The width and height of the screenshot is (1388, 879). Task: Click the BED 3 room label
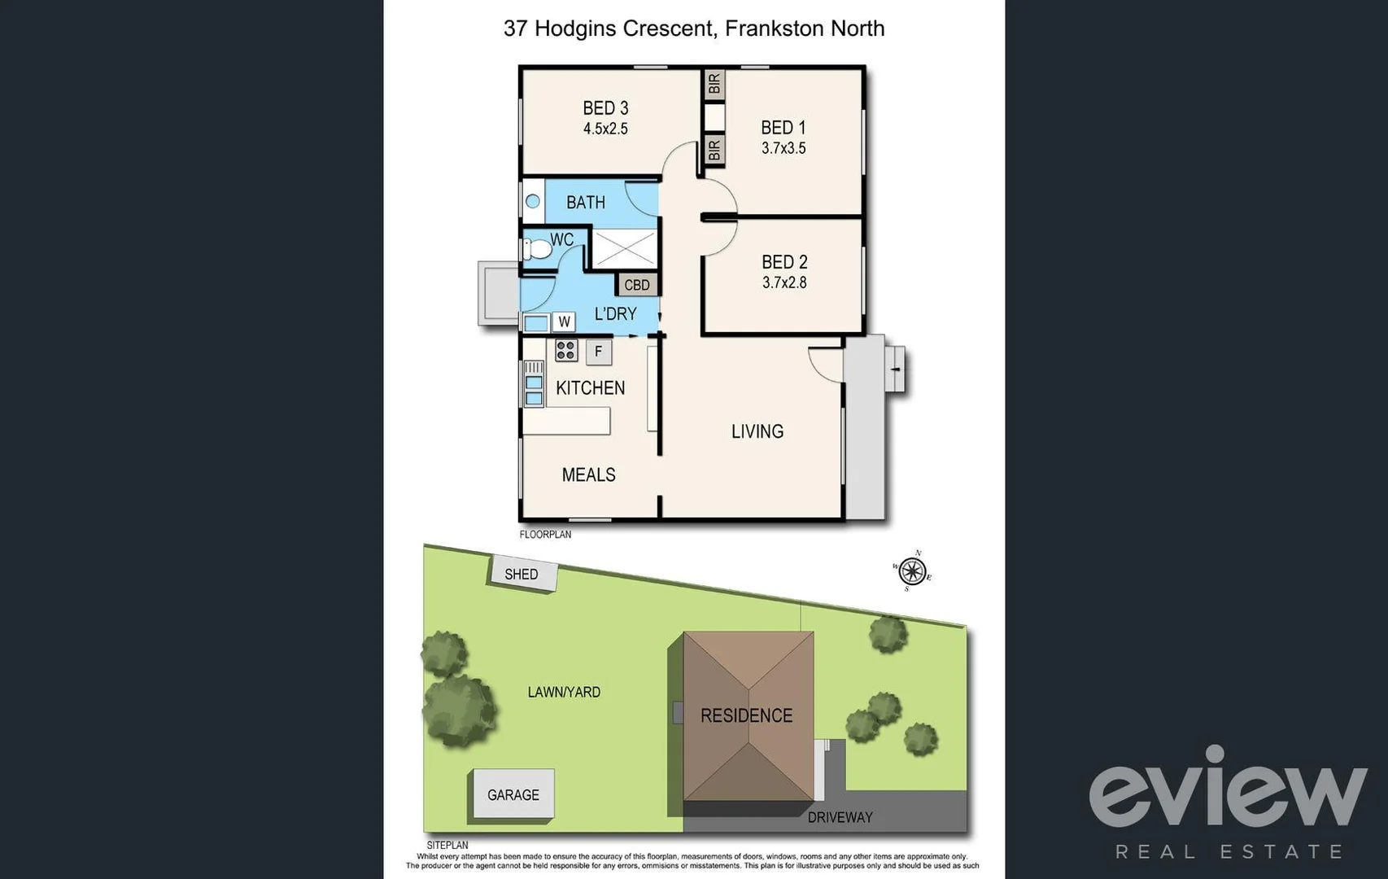[x=605, y=108]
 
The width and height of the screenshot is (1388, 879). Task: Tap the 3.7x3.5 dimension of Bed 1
[x=783, y=148]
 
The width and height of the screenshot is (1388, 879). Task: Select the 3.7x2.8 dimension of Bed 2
[x=784, y=282]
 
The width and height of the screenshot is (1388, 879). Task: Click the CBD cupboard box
[x=637, y=285]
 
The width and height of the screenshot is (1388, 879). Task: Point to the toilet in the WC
[x=535, y=248]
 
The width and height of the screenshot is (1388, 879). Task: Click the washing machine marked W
[x=564, y=321]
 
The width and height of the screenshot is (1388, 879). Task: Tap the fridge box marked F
[x=599, y=352]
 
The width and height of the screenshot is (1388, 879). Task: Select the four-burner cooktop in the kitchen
[x=566, y=351]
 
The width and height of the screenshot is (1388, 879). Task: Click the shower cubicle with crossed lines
[x=623, y=248]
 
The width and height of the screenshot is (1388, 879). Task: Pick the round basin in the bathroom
[x=533, y=201]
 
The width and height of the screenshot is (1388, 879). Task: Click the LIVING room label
[x=757, y=431]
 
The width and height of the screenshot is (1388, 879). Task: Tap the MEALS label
[x=588, y=474]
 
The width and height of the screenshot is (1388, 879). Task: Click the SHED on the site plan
[x=522, y=574]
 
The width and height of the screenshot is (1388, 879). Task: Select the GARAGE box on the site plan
[x=513, y=794]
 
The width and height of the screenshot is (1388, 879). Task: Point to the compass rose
[x=912, y=571]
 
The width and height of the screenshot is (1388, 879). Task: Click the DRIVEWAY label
[x=840, y=817]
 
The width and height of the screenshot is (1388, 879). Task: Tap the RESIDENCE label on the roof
[x=746, y=715]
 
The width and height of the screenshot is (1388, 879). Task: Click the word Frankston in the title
[x=774, y=28]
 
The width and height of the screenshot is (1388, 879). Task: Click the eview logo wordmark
[x=1228, y=787]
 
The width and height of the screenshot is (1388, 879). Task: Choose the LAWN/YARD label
[x=564, y=692]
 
